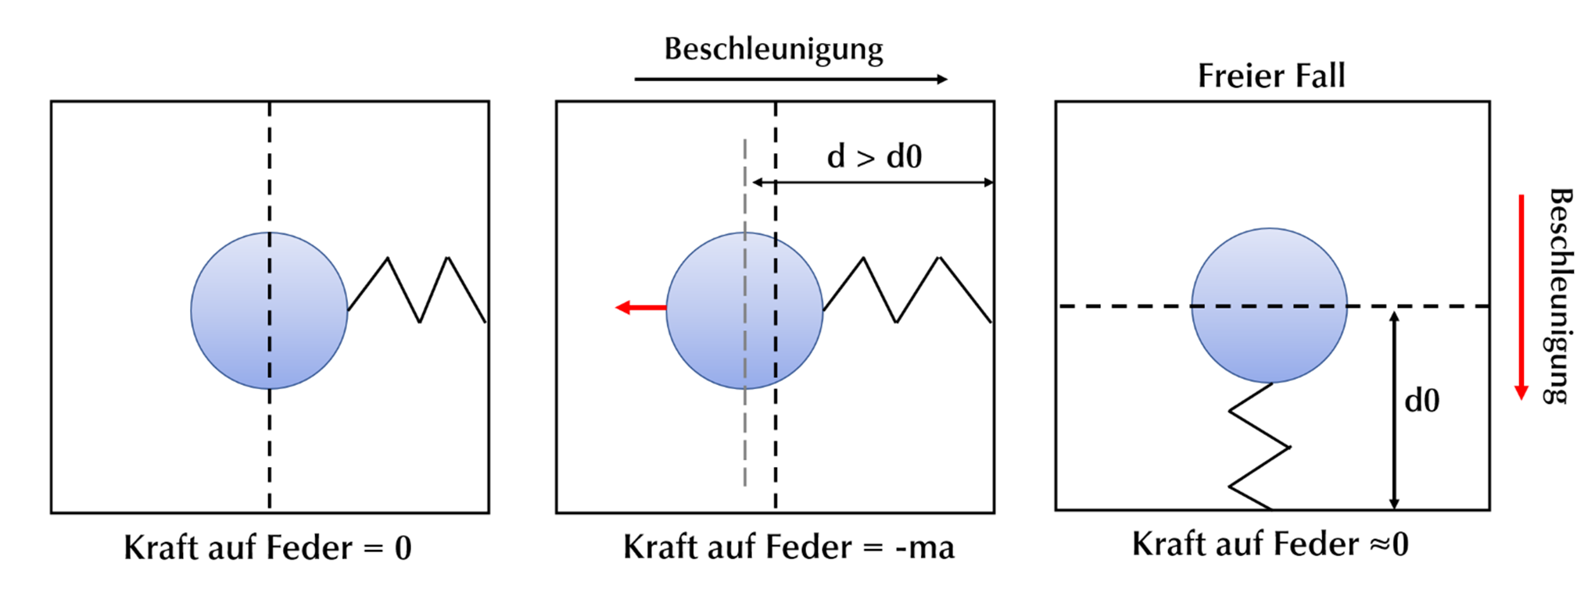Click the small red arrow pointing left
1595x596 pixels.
point(640,308)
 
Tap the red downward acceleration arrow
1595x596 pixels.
point(1522,297)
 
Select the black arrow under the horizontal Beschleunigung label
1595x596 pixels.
point(790,79)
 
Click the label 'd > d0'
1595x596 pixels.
point(874,156)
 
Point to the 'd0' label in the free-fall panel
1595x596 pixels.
point(1421,401)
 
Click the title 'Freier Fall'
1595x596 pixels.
point(1271,76)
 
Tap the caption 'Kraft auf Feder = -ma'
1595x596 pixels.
point(788,547)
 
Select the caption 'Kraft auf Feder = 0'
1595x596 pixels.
point(267,548)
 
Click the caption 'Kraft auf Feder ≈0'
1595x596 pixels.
point(1270,544)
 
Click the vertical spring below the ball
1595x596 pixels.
point(1260,447)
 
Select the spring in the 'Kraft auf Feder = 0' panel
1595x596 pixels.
point(418,290)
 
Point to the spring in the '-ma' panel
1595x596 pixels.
point(908,290)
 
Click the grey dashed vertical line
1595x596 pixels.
point(744,437)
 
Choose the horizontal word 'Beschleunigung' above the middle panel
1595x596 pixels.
point(773,48)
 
